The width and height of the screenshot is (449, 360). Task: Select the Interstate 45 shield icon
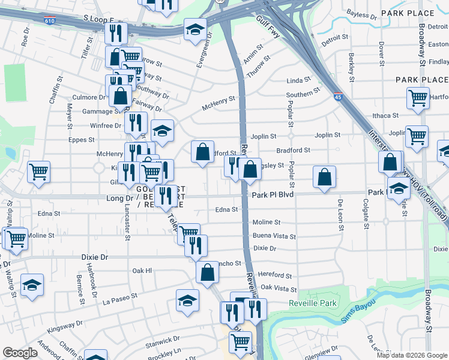pos(338,95)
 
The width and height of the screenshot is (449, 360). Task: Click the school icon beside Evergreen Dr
pos(195,29)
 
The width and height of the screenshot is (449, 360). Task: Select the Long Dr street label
pos(119,197)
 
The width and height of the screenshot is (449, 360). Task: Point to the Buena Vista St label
pos(274,236)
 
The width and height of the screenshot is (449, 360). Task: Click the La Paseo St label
pos(119,297)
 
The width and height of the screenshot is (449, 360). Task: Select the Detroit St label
pos(334,40)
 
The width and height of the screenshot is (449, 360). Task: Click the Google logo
pos(20,353)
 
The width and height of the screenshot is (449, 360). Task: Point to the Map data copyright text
pos(411,355)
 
